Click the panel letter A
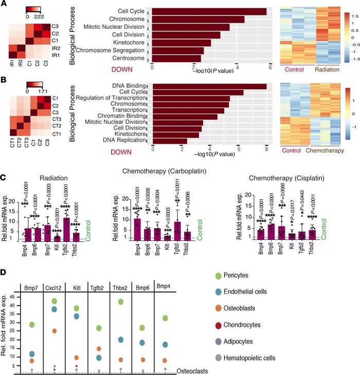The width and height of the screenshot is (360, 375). click(5, 4)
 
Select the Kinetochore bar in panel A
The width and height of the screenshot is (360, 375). click(181, 43)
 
